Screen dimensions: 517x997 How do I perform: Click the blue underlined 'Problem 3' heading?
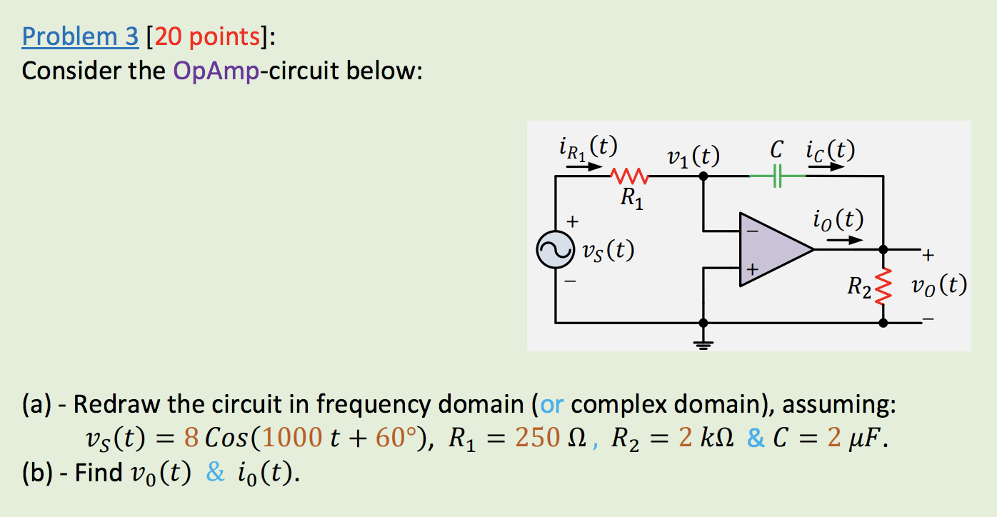click(x=80, y=36)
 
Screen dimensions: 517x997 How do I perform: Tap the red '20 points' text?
click(x=207, y=36)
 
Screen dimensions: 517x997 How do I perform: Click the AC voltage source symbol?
click(x=556, y=250)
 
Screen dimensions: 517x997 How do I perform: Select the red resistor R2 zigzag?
click(x=883, y=286)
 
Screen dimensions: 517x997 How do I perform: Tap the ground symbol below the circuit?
click(x=703, y=346)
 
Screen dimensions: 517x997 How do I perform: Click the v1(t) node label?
click(x=692, y=155)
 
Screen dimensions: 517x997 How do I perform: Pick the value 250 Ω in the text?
click(x=546, y=437)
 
